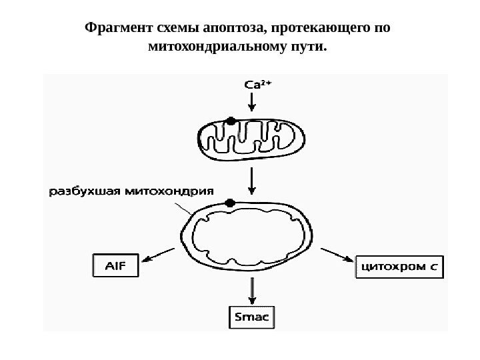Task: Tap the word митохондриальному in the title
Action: point(213,47)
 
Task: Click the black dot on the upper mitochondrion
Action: point(231,121)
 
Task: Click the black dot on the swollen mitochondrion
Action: point(231,202)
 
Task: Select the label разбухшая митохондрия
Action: point(131,191)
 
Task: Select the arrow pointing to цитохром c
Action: point(338,255)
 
